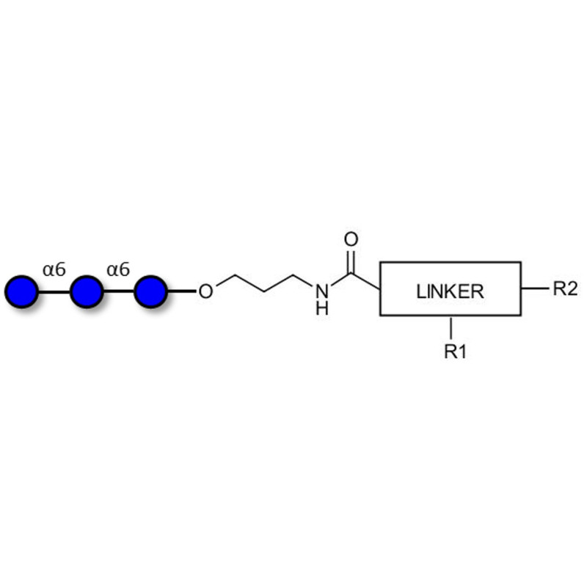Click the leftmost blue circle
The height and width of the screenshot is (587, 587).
tap(22, 291)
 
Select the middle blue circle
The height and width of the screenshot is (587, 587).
tap(87, 291)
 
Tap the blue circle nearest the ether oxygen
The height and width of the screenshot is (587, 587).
tap(151, 291)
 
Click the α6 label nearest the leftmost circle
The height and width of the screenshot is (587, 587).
tap(54, 270)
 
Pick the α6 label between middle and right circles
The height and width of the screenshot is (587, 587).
tap(118, 270)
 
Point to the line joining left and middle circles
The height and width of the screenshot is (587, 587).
tap(54, 292)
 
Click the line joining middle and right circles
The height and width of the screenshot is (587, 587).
tap(119, 292)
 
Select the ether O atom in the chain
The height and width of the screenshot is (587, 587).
tap(206, 292)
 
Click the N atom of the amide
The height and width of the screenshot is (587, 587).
tap(321, 291)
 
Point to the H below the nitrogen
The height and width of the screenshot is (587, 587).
tap(321, 309)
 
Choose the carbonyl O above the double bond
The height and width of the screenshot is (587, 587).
tap(351, 240)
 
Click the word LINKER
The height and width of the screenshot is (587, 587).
tap(450, 291)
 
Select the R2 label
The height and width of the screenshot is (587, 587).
tap(565, 288)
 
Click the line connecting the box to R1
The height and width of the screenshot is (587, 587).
tap(451, 328)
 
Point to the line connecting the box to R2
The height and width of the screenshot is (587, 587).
tap(535, 288)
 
